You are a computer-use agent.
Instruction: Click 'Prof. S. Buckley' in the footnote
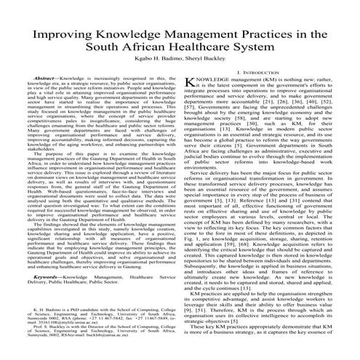(51, 328)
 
